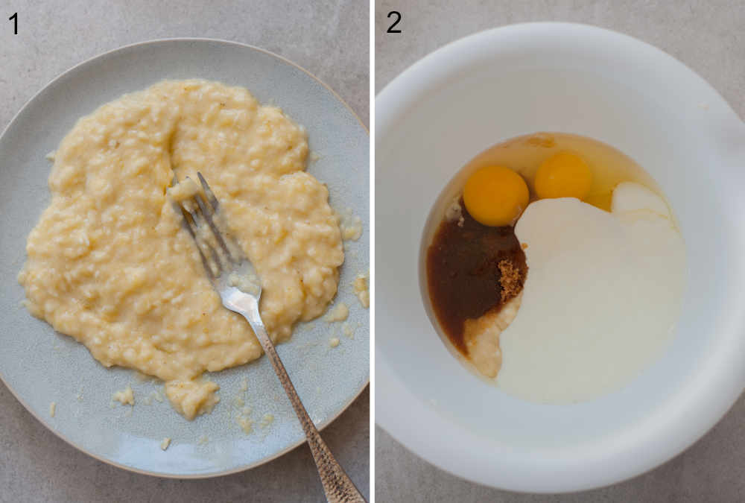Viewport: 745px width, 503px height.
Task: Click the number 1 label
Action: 13,23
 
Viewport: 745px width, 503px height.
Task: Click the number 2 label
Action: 393,23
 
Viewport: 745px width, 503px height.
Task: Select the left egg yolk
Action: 495,195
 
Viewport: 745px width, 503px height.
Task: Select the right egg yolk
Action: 563,176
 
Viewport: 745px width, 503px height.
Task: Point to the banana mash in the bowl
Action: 483,343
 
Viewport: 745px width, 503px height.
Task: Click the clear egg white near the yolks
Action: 521,149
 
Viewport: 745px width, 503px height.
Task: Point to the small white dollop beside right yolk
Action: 637,200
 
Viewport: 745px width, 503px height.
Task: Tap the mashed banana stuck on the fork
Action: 183,191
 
